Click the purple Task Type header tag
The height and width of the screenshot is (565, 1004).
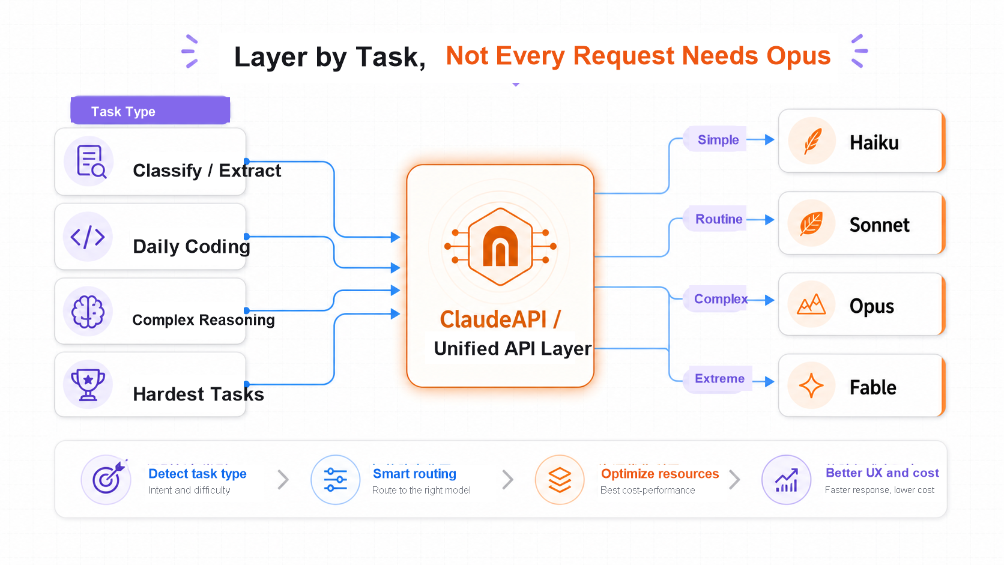click(150, 110)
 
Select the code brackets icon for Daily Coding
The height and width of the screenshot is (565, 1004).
click(88, 237)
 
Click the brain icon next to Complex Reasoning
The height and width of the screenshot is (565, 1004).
click(88, 312)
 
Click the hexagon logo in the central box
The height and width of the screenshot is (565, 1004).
click(500, 246)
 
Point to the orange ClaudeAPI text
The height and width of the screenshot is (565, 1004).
click(500, 319)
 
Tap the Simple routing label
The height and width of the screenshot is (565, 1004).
click(718, 140)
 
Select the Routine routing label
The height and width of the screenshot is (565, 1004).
click(719, 219)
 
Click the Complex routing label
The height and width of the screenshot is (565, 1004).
click(721, 299)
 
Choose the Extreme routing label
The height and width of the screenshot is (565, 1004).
click(719, 379)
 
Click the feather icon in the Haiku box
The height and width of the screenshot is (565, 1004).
click(812, 141)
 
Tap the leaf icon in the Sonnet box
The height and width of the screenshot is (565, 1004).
click(812, 223)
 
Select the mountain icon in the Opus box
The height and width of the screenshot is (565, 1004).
click(811, 304)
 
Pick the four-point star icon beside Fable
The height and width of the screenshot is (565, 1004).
click(811, 385)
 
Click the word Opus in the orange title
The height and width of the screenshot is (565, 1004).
click(798, 56)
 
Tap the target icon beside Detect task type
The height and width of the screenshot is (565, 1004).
click(107, 479)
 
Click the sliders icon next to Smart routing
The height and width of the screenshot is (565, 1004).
click(335, 479)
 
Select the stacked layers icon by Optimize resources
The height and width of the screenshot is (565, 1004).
click(560, 480)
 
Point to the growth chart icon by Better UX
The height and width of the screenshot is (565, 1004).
click(787, 480)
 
